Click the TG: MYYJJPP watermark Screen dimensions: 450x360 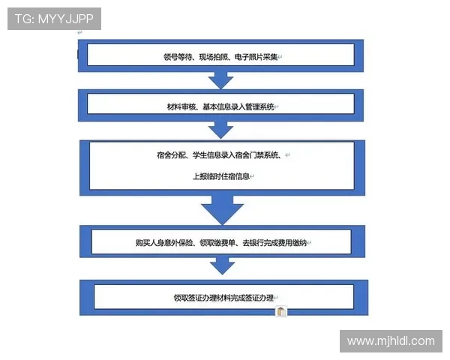click(54, 19)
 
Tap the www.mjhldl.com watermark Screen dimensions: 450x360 click(391, 341)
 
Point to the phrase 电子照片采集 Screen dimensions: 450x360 click(256, 57)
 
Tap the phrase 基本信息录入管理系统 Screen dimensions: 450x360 click(238, 107)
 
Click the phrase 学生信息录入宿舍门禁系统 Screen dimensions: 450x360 click(235, 155)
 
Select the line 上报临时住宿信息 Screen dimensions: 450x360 click(221, 176)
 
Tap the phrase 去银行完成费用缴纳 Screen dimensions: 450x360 click(274, 243)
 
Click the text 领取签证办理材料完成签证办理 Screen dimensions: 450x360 click(223, 298)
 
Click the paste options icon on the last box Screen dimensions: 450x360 click(281, 311)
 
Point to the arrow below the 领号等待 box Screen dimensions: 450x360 click(220, 80)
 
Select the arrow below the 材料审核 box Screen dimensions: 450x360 click(220, 130)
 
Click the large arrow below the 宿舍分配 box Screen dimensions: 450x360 click(222, 210)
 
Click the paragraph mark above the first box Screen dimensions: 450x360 click(79, 33)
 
